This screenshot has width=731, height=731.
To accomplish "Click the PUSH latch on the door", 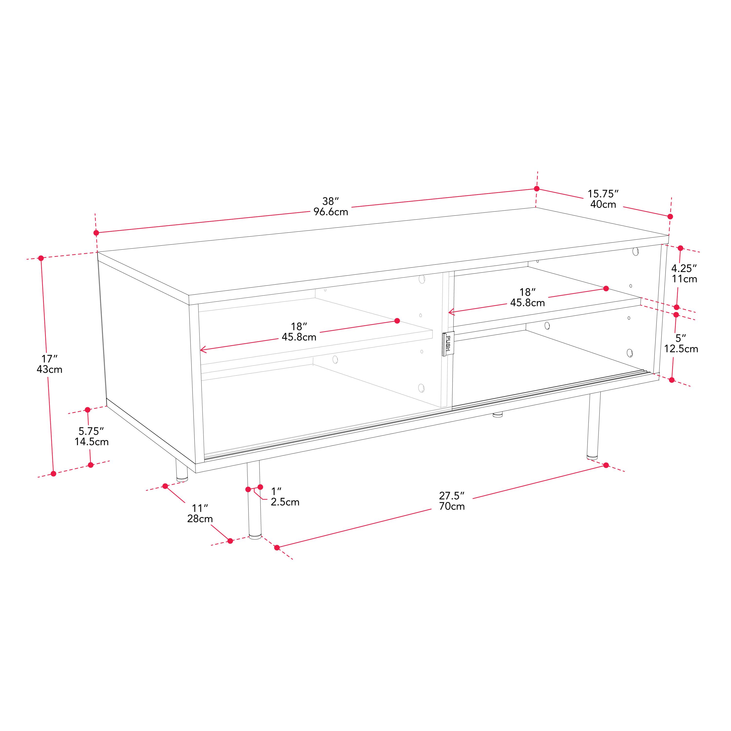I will point(448,344).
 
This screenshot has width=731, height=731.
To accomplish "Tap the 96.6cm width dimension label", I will point(331,212).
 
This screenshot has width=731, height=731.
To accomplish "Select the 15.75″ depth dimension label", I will point(603,194).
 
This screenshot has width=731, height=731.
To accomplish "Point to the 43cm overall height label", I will point(49,369).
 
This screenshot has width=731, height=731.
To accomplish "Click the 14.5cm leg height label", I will point(92,442).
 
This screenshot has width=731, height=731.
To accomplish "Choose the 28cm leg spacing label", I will point(200,519).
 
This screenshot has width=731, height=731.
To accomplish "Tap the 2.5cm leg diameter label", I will point(285,502).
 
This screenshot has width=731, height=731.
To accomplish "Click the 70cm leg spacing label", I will point(452,506).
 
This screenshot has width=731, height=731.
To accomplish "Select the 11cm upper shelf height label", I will point(684,279).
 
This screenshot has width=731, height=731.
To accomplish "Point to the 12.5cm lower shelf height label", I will point(681,348).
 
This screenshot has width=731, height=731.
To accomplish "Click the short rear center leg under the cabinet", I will point(498,415).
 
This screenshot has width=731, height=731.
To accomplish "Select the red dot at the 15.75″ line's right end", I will point(670,216).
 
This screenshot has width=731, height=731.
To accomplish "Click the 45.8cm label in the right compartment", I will point(528,303).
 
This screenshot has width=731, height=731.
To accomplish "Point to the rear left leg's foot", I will point(182,479).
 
